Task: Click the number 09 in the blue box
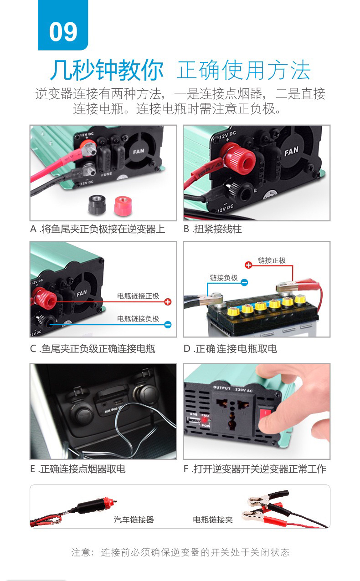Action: click(63, 31)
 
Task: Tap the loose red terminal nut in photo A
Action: click(123, 206)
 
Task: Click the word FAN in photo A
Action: click(139, 151)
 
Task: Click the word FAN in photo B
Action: click(291, 151)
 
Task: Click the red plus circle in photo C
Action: click(168, 301)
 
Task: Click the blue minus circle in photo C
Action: click(168, 324)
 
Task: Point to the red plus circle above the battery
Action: click(248, 265)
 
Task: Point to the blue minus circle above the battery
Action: click(244, 282)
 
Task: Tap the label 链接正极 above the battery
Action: click(272, 260)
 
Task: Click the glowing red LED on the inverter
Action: click(205, 420)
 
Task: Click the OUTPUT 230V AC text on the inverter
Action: click(233, 389)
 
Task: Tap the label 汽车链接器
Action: click(134, 520)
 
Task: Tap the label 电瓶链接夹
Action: click(212, 520)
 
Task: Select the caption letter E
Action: click(32, 469)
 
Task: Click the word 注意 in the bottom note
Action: click(79, 552)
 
